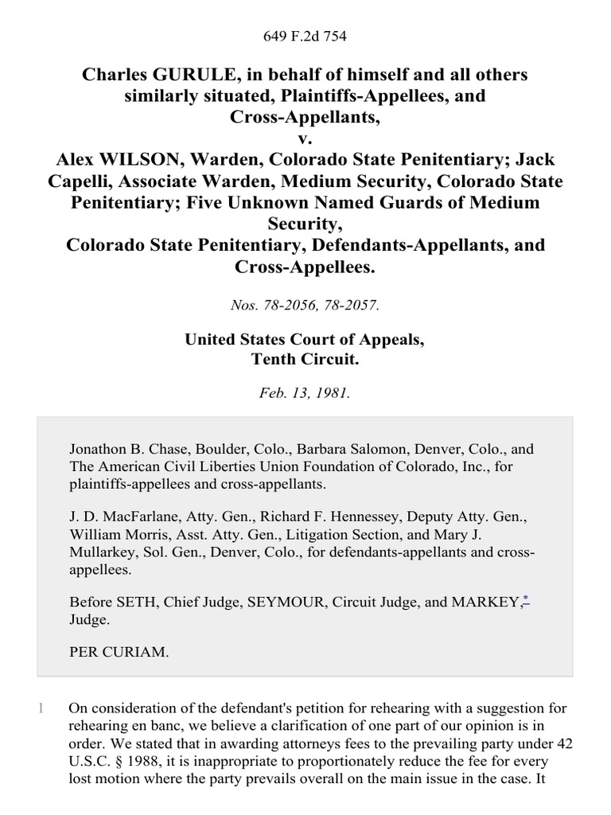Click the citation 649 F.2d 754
[x=305, y=37]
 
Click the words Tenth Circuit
[x=305, y=359]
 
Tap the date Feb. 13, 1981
[x=305, y=394]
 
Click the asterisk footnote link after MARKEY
[x=525, y=601]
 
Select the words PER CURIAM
[x=119, y=652]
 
